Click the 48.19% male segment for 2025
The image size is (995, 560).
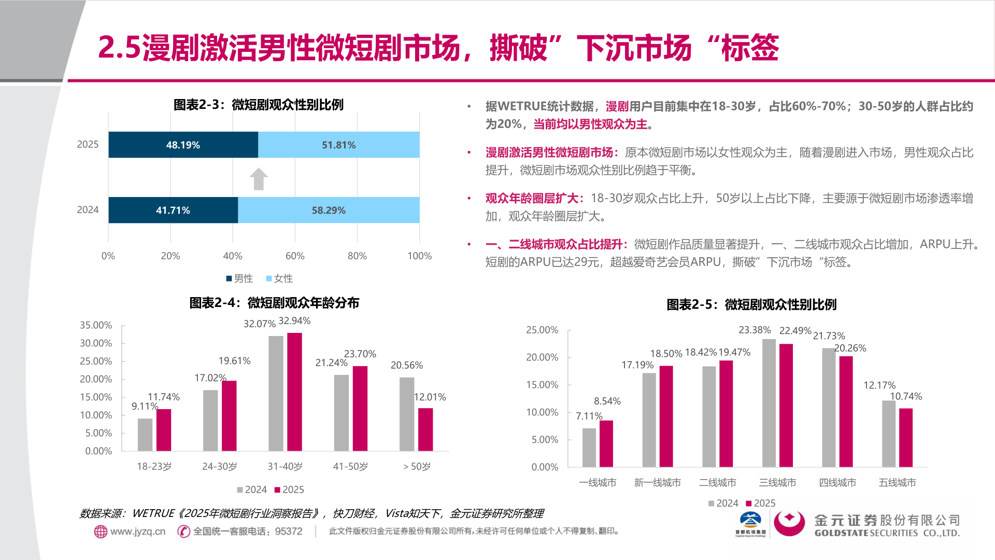[183, 145]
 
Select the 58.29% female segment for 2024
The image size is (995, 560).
[329, 210]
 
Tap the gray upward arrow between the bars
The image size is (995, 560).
[259, 179]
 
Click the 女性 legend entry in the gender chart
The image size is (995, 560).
[280, 278]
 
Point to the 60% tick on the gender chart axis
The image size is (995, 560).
[295, 256]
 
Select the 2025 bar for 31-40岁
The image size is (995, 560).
[294, 391]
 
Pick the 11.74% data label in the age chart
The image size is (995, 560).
[164, 397]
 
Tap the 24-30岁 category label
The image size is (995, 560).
[220, 466]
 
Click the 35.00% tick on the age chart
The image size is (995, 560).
[96, 325]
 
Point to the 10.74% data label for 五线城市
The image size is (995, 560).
[906, 396]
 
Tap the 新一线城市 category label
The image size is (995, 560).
[658, 483]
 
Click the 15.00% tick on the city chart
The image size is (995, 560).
[542, 385]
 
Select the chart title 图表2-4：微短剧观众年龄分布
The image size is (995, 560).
[274, 303]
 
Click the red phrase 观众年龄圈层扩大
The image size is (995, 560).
[532, 198]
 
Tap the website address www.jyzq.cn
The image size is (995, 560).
[137, 531]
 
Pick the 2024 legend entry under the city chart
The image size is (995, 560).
[723, 503]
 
